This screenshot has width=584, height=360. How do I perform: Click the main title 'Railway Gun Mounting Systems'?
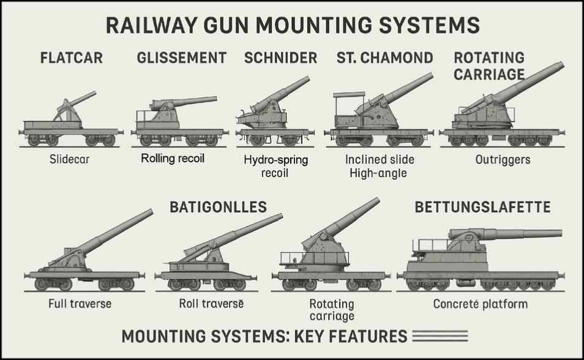293,26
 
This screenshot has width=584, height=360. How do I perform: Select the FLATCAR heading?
71,58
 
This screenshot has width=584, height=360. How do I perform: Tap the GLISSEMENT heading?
182,58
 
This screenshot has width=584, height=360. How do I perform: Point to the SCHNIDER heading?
280,58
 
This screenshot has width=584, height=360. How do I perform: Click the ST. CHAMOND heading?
384,58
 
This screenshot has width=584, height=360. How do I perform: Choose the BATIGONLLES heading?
218,207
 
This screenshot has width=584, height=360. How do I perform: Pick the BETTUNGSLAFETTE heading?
482,207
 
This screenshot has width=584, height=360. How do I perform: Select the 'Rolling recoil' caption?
173,159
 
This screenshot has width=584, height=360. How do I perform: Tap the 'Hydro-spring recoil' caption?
275,166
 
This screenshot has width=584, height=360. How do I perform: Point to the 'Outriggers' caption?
503,160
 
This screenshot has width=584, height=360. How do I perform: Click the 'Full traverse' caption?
80,303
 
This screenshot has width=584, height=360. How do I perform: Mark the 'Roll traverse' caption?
211,303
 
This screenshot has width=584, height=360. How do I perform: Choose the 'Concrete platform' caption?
480,304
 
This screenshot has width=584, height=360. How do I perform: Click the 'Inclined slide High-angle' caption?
380,166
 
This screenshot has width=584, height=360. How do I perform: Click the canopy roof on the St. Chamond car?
348,94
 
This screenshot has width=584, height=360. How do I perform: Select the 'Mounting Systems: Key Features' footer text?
264,336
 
